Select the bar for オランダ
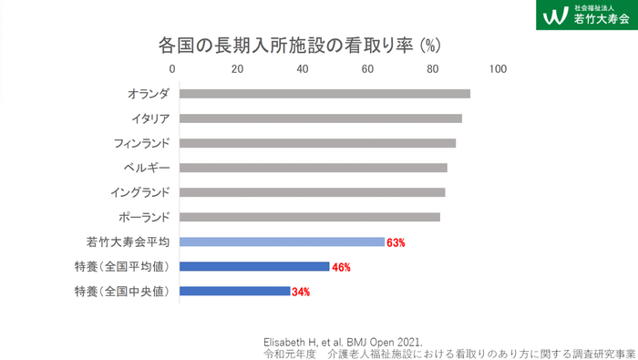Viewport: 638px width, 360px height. (324, 93)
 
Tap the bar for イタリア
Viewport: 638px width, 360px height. (320, 118)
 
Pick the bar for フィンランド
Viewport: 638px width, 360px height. (317, 143)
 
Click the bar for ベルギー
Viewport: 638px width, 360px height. (313, 168)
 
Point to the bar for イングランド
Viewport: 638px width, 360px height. (312, 192)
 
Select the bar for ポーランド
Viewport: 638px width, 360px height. (309, 217)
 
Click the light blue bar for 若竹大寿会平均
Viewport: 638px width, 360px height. (282, 242)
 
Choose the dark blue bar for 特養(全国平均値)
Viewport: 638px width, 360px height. (254, 266)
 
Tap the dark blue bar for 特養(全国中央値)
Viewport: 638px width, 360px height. (234, 291)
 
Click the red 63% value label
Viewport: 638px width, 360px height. (396, 242)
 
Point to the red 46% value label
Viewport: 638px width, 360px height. (341, 267)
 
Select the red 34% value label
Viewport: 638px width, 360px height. (302, 292)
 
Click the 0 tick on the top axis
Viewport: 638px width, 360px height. (172, 69)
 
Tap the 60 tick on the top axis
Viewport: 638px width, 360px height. (367, 69)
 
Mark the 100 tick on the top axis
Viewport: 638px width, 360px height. (497, 69)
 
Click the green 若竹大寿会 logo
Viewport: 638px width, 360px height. (586, 15)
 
